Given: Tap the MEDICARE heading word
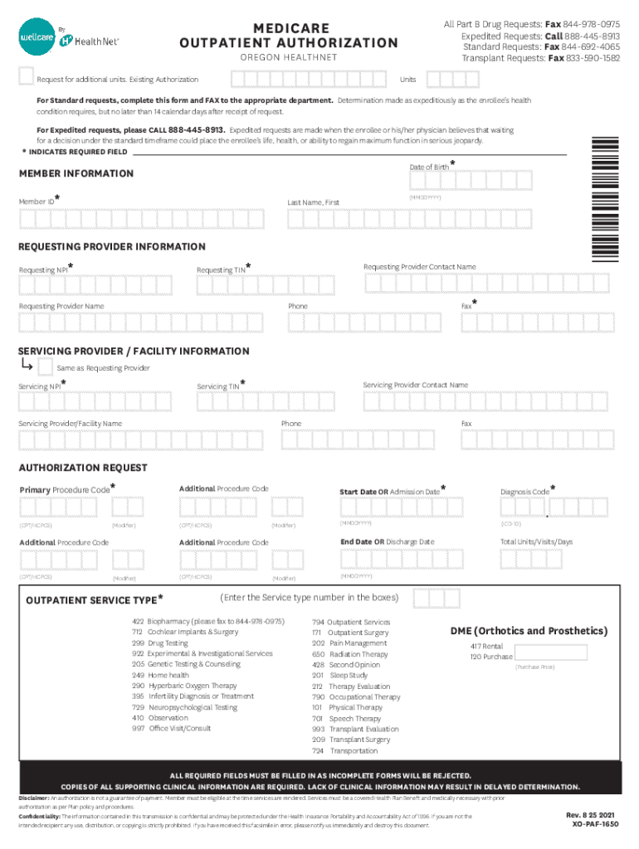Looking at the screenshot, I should (290, 27).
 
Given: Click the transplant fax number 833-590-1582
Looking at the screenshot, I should (593, 58).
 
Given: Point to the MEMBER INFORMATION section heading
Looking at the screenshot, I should (76, 173).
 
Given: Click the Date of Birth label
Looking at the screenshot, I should (429, 167).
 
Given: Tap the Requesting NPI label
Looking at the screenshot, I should (44, 270).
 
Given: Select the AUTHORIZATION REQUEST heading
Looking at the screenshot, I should (83, 468).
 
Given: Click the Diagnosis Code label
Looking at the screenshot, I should (524, 492).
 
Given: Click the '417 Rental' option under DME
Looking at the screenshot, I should (486, 646).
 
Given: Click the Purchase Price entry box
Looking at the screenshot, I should (551, 653).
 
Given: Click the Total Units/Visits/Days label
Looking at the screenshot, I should (536, 542).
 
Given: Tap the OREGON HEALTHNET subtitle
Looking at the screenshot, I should (289, 58).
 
